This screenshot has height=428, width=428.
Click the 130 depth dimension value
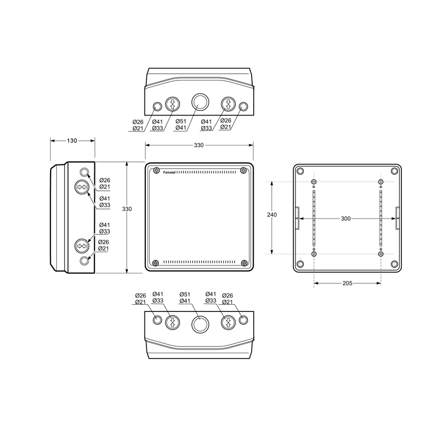point(72,141)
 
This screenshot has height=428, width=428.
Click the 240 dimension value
point(272,215)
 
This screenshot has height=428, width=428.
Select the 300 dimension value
point(346,219)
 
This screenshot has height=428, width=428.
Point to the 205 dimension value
point(348,283)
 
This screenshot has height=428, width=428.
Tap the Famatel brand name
point(169,173)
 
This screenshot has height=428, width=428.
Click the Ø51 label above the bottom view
point(185,294)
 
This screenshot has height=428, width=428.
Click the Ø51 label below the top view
point(180,121)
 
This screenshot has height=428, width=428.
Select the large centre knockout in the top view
point(200,103)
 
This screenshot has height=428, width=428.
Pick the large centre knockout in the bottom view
point(200,324)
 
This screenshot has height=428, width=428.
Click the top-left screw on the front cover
point(156,171)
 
